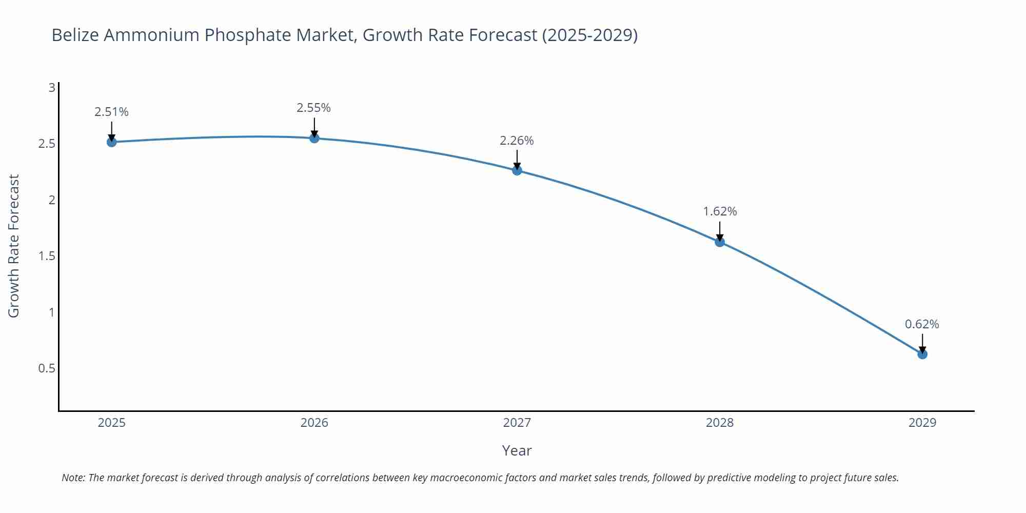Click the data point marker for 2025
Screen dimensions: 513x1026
[x=111, y=142]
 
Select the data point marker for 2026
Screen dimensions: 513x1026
[x=314, y=138]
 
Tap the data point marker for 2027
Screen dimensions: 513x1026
[x=517, y=170]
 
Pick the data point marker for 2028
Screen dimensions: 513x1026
[x=720, y=242]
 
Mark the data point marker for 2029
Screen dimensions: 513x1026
[x=922, y=354]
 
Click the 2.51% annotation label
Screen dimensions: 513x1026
[x=111, y=112]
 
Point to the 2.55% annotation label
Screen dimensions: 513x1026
[x=313, y=108]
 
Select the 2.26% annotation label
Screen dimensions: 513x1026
[x=517, y=141]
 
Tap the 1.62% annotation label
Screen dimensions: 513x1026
[x=720, y=211]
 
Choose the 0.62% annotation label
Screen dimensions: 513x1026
[x=922, y=324]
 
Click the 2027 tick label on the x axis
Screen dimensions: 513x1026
[x=517, y=423]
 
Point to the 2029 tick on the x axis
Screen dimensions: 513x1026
[x=922, y=423]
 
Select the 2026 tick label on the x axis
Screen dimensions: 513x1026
[x=314, y=423]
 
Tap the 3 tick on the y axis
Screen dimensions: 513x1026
[x=52, y=88]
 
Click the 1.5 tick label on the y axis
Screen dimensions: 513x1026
[x=47, y=256]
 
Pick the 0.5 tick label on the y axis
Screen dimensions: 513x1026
[x=47, y=368]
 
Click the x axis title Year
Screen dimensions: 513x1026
[x=517, y=450]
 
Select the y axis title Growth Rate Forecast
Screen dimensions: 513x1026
[x=14, y=246]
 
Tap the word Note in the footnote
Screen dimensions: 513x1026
[x=73, y=478]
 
